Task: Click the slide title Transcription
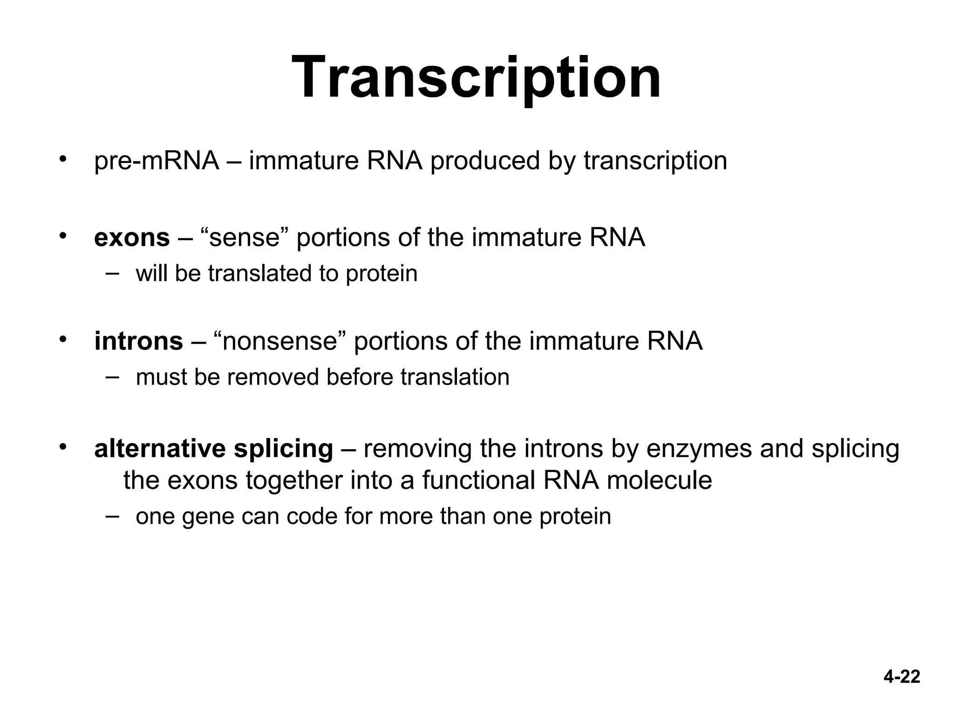pyautogui.click(x=476, y=77)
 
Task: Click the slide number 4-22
pyautogui.click(x=902, y=676)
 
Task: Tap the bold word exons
pyautogui.click(x=132, y=238)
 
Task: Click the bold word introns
pyautogui.click(x=138, y=341)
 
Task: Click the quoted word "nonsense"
pyautogui.click(x=279, y=341)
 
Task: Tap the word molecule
pyautogui.click(x=659, y=480)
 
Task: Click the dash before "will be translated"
pyautogui.click(x=112, y=273)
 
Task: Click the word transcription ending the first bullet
pyautogui.click(x=655, y=161)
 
